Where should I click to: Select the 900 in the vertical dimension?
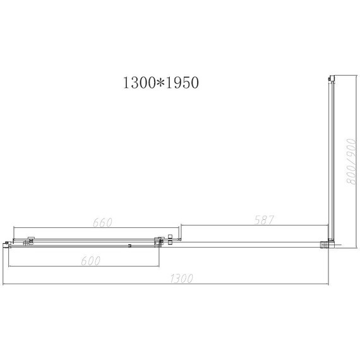click(347, 150)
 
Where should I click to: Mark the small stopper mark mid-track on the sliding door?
click(128, 245)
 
